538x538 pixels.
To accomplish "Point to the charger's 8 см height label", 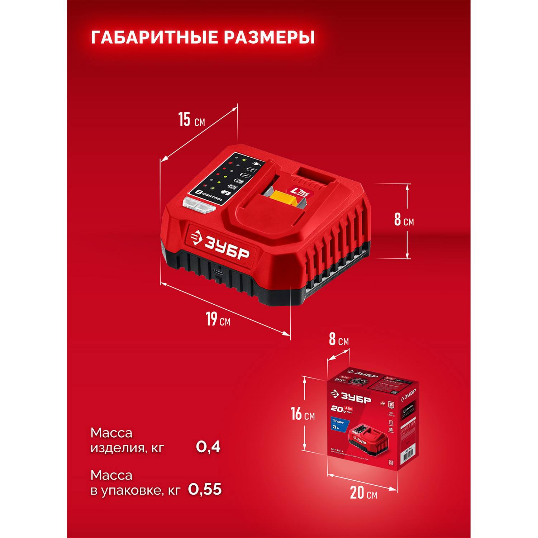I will pos(404,219).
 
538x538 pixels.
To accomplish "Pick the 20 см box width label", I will pos(363,493).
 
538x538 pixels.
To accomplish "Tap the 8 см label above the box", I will pos(339,339).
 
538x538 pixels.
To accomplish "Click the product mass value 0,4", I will pos(208,447).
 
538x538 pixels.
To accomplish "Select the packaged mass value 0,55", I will pos(205,489).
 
